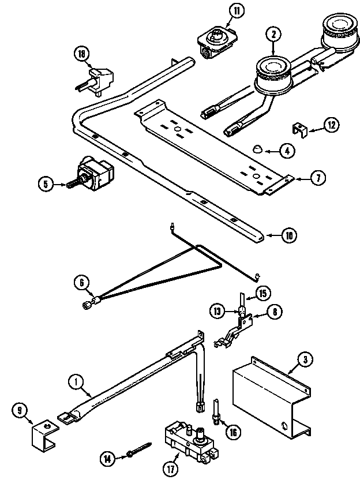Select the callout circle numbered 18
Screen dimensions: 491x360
point(82,54)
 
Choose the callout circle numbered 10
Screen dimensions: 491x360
point(289,235)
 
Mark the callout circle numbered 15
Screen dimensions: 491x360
point(263,293)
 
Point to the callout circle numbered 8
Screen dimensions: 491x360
point(274,312)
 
